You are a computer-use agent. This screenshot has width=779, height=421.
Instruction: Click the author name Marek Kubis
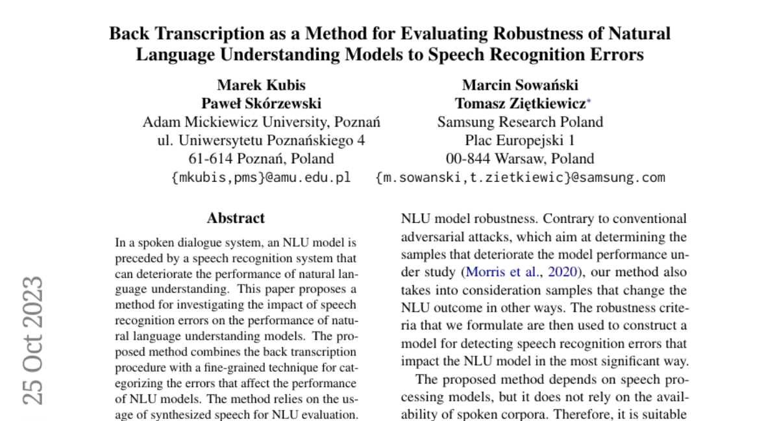(x=261, y=85)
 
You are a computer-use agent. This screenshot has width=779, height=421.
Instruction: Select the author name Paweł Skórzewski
(x=261, y=103)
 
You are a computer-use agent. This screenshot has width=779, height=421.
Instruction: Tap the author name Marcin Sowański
(x=520, y=85)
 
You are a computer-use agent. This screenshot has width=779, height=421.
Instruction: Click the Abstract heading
(x=236, y=218)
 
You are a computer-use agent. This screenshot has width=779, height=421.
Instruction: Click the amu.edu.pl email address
(x=261, y=177)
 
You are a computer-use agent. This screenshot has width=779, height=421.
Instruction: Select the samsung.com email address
(x=520, y=177)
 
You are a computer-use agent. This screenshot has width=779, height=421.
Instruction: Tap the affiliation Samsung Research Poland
(x=520, y=121)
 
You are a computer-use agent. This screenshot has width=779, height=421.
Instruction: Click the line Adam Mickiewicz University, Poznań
(x=261, y=121)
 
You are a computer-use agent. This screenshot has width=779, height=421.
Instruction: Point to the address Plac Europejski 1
(x=520, y=140)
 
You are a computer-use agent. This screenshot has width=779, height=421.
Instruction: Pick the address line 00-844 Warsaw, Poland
(x=520, y=158)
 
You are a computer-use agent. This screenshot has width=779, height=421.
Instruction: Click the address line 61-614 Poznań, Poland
(x=261, y=158)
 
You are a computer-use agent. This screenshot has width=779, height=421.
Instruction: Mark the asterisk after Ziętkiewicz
(x=589, y=100)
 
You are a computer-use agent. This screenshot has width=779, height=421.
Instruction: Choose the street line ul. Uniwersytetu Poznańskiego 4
(x=261, y=140)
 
